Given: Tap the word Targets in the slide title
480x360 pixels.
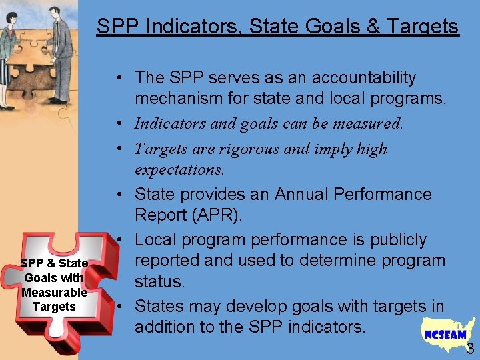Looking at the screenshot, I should click(x=421, y=27).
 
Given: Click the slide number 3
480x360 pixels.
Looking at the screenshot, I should click(x=470, y=348).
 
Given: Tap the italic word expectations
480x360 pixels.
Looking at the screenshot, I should click(x=179, y=169).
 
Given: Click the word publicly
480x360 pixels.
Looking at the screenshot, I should click(x=394, y=239).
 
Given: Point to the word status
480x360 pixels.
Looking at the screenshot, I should click(x=159, y=281).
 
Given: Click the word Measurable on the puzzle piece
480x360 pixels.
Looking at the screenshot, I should click(x=54, y=292).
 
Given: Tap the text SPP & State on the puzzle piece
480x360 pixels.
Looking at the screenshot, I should click(x=54, y=263).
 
